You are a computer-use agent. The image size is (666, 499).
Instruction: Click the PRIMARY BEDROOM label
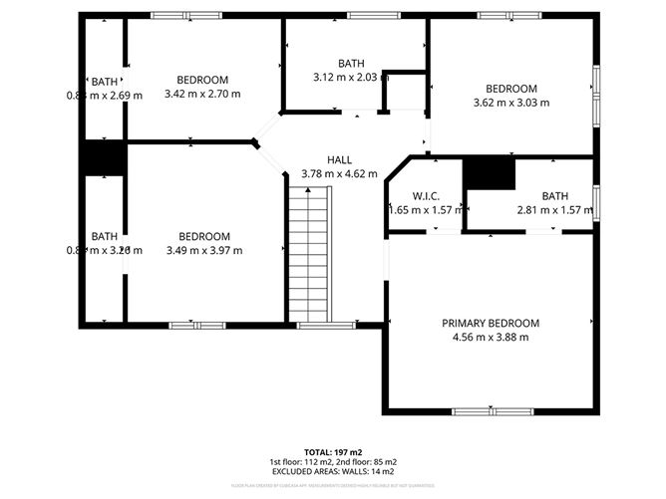click(x=491, y=324)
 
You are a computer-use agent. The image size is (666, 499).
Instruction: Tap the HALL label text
click(x=339, y=160)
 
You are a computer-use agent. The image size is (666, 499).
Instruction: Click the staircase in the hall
click(x=308, y=255)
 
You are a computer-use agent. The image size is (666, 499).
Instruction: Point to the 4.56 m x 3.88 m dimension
click(x=491, y=338)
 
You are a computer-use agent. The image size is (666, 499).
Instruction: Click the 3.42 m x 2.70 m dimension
click(x=202, y=94)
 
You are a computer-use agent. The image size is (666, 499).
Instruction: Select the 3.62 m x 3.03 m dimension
click(x=511, y=102)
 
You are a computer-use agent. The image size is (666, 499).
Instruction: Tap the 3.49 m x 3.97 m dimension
click(x=204, y=250)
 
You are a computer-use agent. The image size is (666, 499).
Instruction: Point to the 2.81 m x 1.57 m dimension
click(x=554, y=210)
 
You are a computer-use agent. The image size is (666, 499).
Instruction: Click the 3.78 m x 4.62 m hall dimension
click(x=339, y=174)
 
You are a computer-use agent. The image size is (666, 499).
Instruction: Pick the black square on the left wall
click(x=103, y=158)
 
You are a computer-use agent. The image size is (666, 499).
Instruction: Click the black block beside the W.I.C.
click(x=493, y=172)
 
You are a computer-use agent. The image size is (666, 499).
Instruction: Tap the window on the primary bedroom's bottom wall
click(x=493, y=410)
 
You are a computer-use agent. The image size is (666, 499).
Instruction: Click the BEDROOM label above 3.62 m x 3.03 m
click(x=511, y=89)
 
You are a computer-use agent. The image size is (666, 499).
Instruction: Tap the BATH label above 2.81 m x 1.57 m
click(x=555, y=196)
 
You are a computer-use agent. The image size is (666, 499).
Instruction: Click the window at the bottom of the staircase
click(x=312, y=325)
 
